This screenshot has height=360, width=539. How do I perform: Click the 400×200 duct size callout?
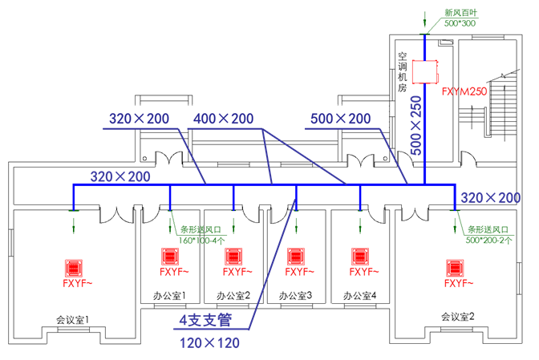(x=223, y=119)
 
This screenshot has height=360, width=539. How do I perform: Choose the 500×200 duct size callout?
(x=340, y=119)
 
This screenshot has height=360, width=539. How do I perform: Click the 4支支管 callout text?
(x=205, y=322)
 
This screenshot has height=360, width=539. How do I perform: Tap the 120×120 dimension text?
(x=207, y=343)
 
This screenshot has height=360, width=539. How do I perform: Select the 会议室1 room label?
(x=72, y=319)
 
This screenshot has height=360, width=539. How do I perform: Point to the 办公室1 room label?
(x=169, y=296)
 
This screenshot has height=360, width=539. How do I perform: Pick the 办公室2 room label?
(x=233, y=296)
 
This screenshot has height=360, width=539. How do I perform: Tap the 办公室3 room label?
(x=296, y=296)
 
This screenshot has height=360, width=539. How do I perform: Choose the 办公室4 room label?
(x=360, y=296)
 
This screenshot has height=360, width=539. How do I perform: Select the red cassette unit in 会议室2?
(x=456, y=267)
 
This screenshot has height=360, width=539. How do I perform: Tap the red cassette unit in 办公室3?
(x=298, y=257)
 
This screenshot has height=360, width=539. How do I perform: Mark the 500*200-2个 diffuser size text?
(x=488, y=239)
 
